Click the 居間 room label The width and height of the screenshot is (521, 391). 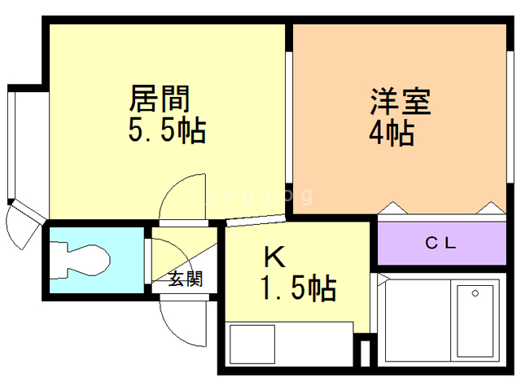point(160,99)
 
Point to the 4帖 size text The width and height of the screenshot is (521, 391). point(392,132)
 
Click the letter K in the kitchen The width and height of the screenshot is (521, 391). point(274,258)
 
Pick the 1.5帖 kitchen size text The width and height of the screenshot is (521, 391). point(299,288)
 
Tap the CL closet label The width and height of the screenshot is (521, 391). point(442,242)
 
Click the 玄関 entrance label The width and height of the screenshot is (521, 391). point(186,279)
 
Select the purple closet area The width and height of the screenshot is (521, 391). point(442,242)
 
